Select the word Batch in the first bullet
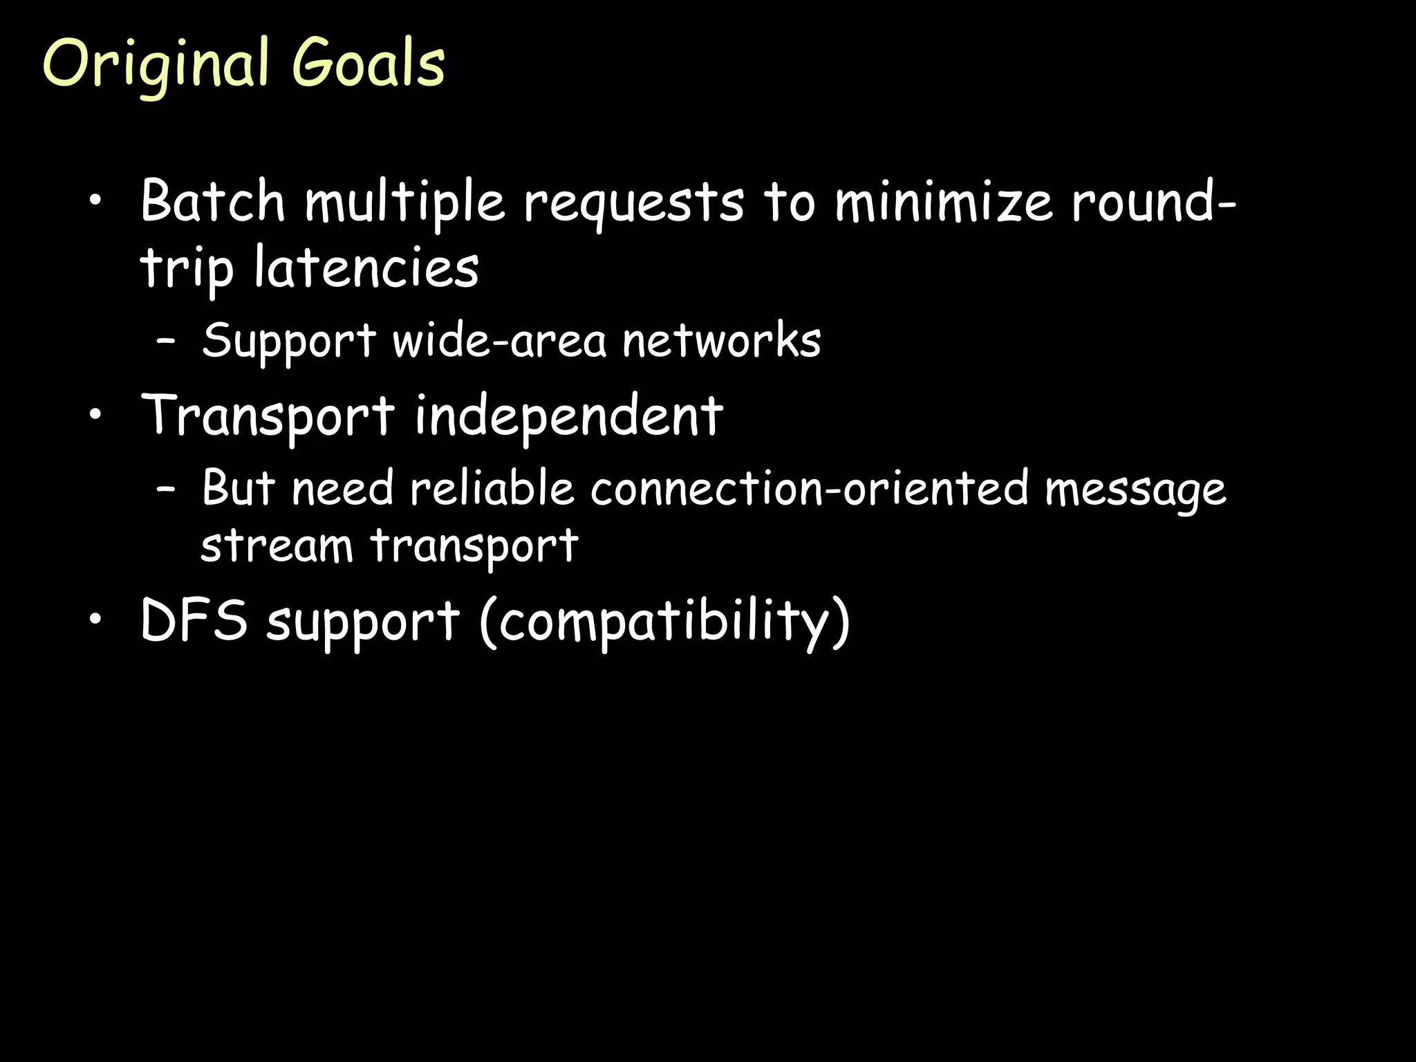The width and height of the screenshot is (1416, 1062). tap(212, 201)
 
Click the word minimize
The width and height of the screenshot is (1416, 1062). tap(943, 202)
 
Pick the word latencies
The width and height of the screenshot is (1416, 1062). tap(366, 268)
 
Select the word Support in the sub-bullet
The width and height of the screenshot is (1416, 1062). tap(288, 341)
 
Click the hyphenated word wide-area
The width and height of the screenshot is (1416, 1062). tap(499, 341)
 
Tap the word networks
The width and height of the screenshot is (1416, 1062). tap(721, 341)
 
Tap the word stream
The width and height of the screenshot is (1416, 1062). tap(277, 546)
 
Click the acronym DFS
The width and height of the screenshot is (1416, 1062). tap(194, 619)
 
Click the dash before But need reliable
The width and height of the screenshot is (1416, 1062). tap(165, 488)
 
